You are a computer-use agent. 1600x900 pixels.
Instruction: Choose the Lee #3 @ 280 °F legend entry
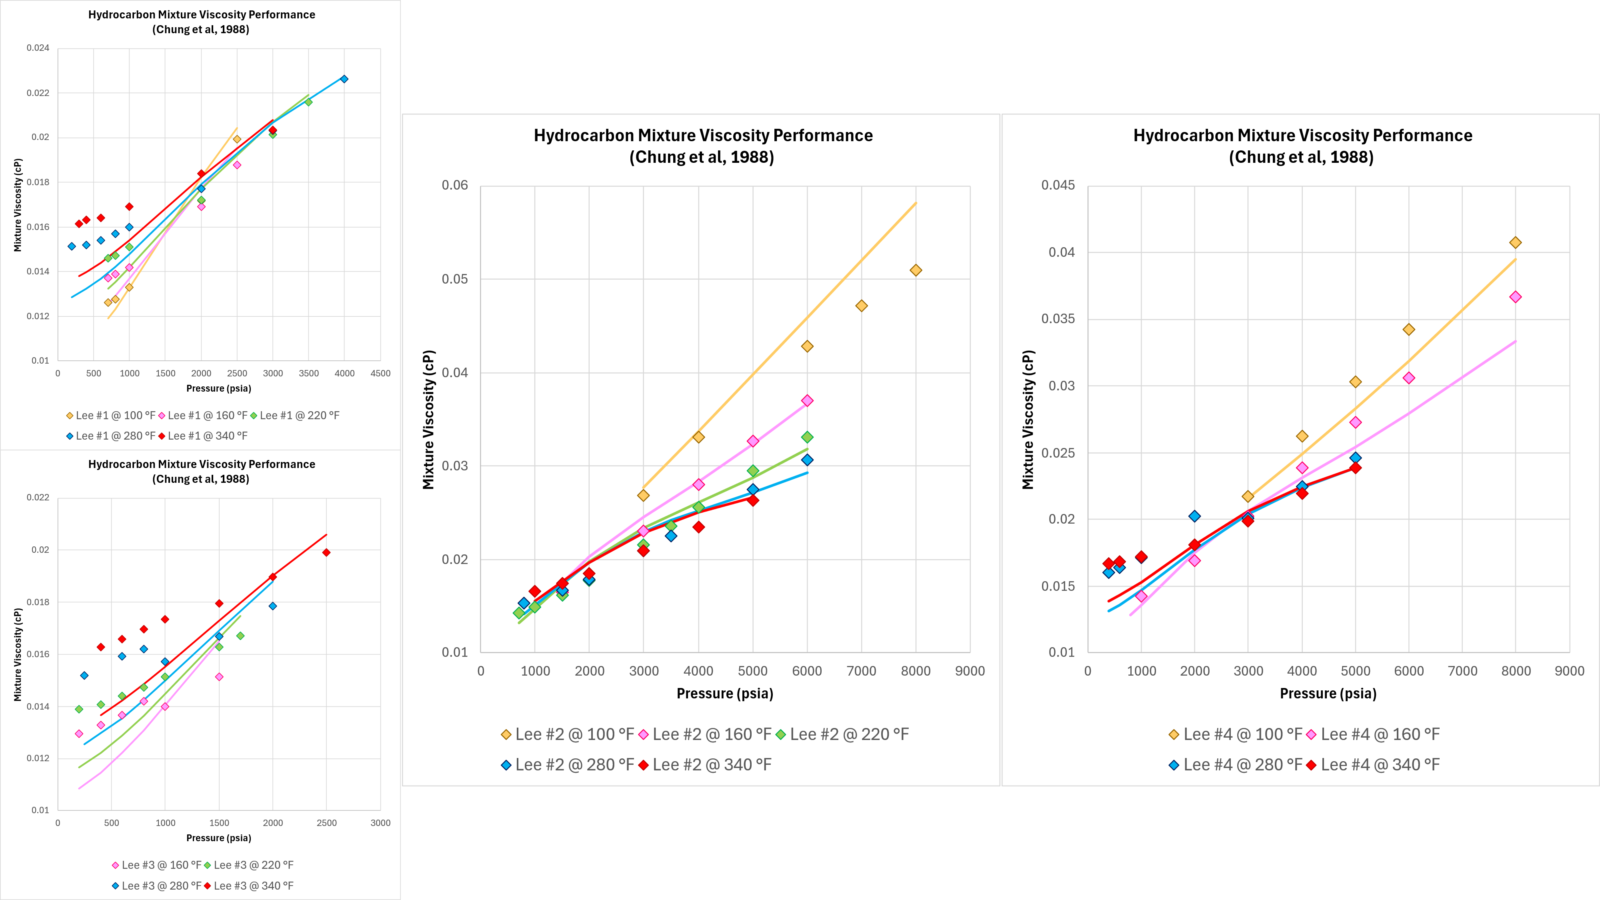pos(156,886)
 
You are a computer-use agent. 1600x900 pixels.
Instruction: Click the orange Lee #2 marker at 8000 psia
pos(916,270)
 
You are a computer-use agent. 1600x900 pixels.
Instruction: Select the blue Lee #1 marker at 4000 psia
pos(344,79)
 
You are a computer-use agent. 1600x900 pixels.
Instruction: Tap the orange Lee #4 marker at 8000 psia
pos(1516,242)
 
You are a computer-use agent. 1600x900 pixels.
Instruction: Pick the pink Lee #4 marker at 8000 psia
pos(1516,297)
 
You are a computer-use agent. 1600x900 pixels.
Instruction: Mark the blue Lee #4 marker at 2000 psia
pos(1194,516)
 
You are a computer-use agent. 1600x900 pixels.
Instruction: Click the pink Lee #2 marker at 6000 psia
pos(807,401)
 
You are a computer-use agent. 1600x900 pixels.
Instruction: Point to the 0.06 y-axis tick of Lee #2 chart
pos(455,185)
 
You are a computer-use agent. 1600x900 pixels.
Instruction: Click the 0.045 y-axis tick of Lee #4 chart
pos(1058,185)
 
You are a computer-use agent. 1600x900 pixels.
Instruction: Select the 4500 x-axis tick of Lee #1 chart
pos(380,373)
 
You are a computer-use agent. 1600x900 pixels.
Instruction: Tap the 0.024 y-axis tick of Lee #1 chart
pos(38,48)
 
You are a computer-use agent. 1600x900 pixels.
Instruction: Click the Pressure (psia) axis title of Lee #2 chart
pos(725,693)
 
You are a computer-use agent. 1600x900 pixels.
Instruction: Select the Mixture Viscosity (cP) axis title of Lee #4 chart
pos(1028,420)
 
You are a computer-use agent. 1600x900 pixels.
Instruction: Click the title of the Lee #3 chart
pos(201,472)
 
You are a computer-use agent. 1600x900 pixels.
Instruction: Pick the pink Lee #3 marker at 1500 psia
pos(219,676)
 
